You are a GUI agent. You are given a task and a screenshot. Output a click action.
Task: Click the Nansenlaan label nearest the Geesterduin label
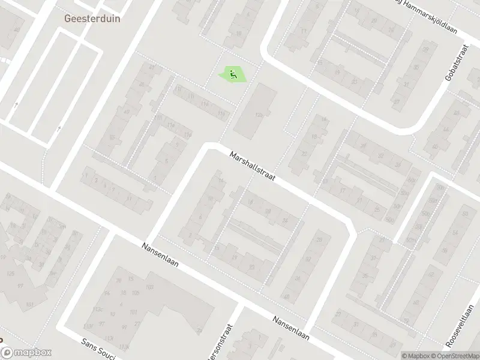161,256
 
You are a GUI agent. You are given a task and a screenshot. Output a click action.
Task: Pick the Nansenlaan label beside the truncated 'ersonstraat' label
290,328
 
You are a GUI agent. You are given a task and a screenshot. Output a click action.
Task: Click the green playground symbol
233,74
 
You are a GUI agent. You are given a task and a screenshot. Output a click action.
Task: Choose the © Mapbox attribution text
415,356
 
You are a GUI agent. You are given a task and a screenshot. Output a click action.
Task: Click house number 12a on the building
259,115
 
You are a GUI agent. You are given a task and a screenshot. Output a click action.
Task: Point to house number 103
149,288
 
